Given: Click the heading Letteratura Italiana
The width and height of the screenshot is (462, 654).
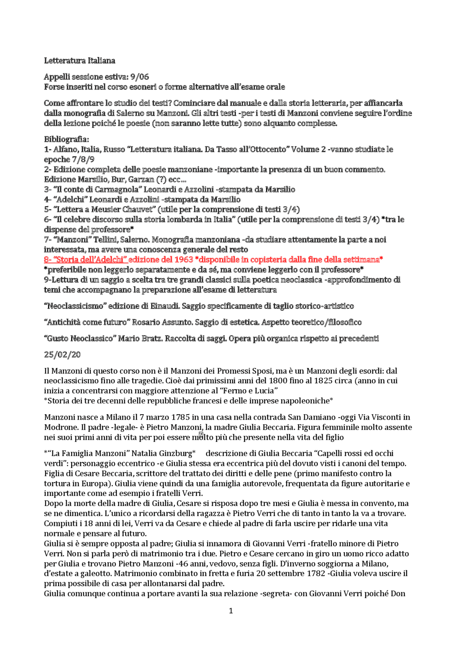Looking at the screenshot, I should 79,61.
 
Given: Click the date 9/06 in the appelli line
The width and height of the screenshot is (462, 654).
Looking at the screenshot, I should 140,77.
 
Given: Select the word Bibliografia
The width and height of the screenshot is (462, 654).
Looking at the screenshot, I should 66,139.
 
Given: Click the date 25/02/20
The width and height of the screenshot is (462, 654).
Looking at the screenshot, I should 62,355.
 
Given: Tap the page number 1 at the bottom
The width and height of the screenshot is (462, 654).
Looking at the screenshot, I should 231,611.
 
